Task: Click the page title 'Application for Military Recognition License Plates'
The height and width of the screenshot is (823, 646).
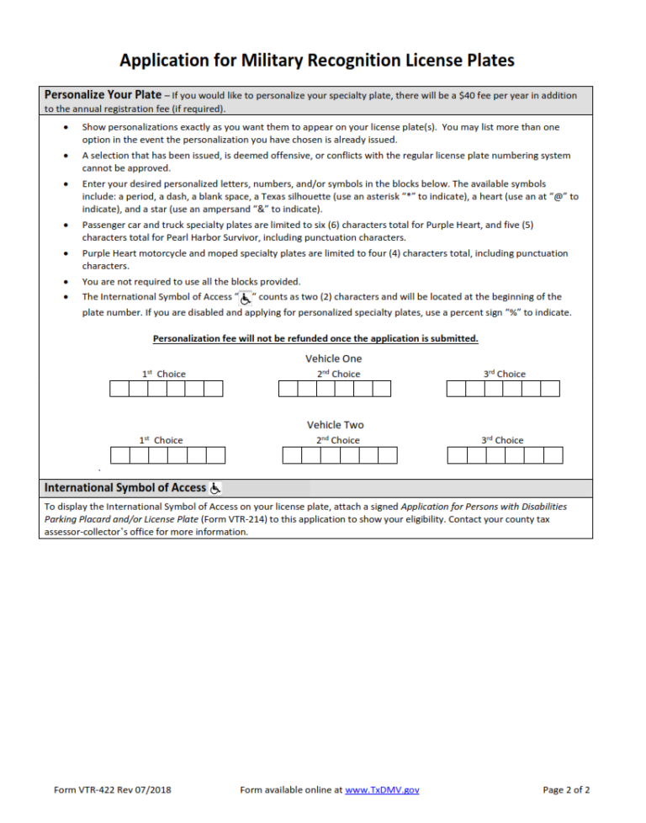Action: pos(316,61)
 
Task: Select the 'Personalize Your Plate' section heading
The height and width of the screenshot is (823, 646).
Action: pos(102,94)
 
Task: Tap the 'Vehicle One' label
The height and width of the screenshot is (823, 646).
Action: pos(334,358)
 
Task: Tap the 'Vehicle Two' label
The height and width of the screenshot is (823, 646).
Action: pos(335,425)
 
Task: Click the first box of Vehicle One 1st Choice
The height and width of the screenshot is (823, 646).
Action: pos(119,389)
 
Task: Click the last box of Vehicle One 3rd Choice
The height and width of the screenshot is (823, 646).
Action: pos(550,389)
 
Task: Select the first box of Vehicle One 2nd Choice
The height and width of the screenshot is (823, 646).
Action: pos(288,389)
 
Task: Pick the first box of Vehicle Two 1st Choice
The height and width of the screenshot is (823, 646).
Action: pos(120,455)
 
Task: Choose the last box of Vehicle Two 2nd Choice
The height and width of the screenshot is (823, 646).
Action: pos(387,455)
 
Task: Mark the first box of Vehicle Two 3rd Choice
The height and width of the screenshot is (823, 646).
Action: pos(458,455)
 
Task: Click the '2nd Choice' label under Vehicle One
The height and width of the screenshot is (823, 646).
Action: pos(338,374)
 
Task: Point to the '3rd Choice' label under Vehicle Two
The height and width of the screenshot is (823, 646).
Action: pos(502,440)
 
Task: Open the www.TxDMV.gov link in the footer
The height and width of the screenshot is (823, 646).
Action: pos(382,790)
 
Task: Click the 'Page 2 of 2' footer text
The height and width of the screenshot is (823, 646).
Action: pos(566,790)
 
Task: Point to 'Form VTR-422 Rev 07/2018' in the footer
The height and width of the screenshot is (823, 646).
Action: pos(112,790)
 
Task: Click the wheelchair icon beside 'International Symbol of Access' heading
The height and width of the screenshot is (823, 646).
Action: pos(215,488)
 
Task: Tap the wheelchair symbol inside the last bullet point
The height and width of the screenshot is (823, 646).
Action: pos(246,298)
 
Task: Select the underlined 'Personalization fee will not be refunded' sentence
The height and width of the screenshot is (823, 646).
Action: pos(315,338)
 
